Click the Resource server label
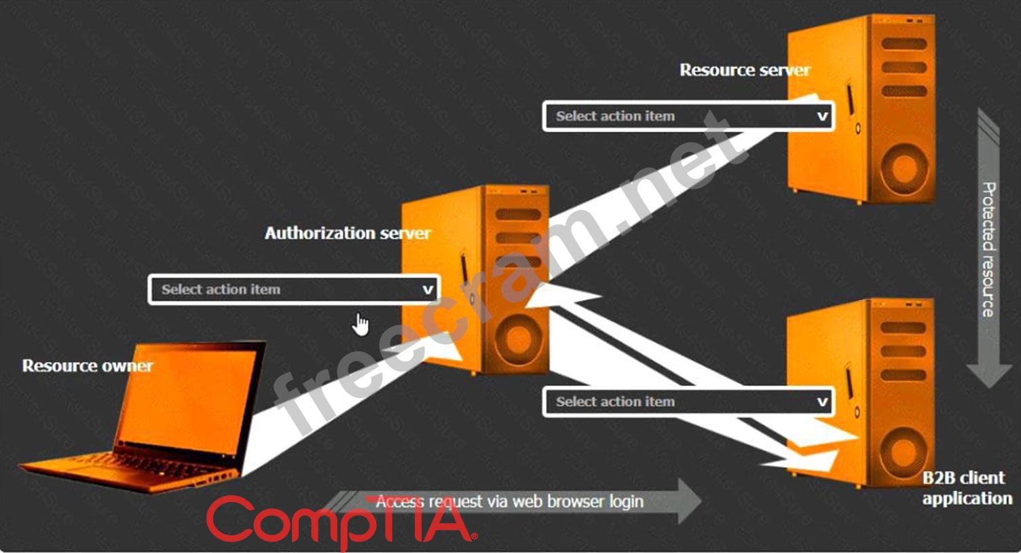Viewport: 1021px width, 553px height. [745, 70]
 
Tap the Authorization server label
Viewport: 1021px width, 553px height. [348, 233]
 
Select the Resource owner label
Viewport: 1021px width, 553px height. [88, 365]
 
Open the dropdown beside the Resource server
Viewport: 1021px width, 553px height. [688, 116]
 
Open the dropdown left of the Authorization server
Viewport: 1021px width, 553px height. [294, 289]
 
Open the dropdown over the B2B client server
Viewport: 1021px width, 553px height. [688, 402]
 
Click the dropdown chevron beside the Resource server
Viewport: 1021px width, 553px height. [822, 117]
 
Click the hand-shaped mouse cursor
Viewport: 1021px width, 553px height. [360, 325]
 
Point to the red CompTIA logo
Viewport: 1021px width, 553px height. [342, 522]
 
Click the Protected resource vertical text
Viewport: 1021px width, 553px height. [988, 249]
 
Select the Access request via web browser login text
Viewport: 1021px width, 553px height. [509, 502]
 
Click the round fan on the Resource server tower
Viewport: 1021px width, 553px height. [903, 169]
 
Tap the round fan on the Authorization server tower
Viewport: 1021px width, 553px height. [518, 340]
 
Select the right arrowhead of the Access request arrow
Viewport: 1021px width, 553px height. [689, 501]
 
